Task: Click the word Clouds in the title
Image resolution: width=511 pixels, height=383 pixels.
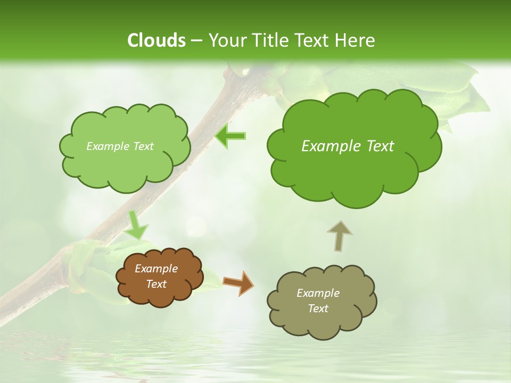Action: [156, 40]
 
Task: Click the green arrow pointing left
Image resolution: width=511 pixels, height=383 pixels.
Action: [230, 136]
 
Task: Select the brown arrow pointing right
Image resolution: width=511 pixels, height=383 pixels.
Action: [238, 282]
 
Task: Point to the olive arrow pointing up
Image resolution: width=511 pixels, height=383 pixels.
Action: [339, 235]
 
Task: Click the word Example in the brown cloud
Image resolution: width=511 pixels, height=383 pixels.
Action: [156, 269]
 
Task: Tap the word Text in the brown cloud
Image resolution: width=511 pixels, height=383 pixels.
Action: [156, 284]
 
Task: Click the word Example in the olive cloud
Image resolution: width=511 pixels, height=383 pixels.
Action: [318, 293]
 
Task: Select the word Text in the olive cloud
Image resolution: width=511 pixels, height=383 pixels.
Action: [318, 309]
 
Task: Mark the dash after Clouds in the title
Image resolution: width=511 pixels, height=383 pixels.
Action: [196, 41]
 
